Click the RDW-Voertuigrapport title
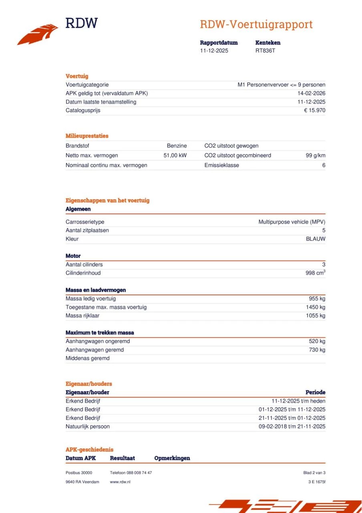click(x=256, y=24)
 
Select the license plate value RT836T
click(x=265, y=51)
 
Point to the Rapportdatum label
click(x=219, y=42)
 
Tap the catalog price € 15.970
click(x=314, y=110)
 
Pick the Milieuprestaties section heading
click(x=87, y=136)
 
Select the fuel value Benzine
click(x=177, y=146)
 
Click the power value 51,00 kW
click(x=175, y=156)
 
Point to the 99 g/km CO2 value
click(x=315, y=156)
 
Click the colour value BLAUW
click(x=316, y=239)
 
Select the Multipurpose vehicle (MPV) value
click(x=292, y=222)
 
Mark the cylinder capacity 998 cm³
click(x=315, y=273)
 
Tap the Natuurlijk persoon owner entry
click(x=87, y=426)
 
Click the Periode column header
click(x=315, y=392)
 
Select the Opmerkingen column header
click(x=172, y=458)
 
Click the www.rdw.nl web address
click(x=120, y=482)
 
